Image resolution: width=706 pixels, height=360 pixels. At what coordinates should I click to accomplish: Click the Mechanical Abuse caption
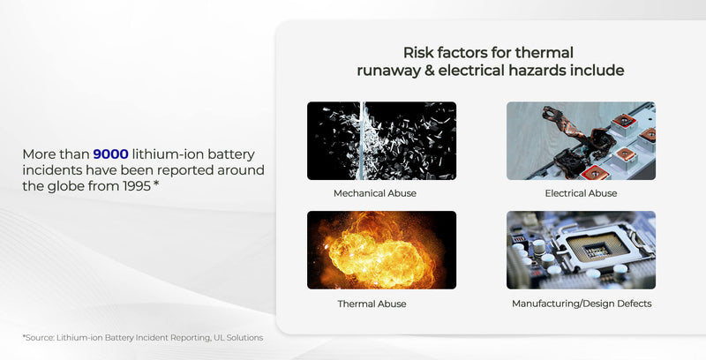[x=375, y=193]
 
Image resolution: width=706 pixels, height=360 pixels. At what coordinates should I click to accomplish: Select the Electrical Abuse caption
[x=581, y=193]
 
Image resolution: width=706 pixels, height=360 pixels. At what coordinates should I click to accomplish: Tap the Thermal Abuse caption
[x=372, y=304]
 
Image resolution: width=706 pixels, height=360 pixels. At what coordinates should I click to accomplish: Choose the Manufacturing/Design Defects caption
[x=581, y=304]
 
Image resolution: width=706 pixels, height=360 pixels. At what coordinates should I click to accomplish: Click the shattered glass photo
[x=381, y=141]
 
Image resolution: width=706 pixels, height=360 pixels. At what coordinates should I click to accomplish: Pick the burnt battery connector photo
[x=581, y=141]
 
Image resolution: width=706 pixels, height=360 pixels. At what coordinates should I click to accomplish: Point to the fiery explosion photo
[x=381, y=251]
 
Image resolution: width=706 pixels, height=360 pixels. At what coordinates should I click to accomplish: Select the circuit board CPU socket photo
[x=581, y=251]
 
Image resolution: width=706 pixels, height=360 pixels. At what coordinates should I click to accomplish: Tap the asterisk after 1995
[x=156, y=184]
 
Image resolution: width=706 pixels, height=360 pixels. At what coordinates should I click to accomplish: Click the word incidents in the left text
[x=52, y=169]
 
